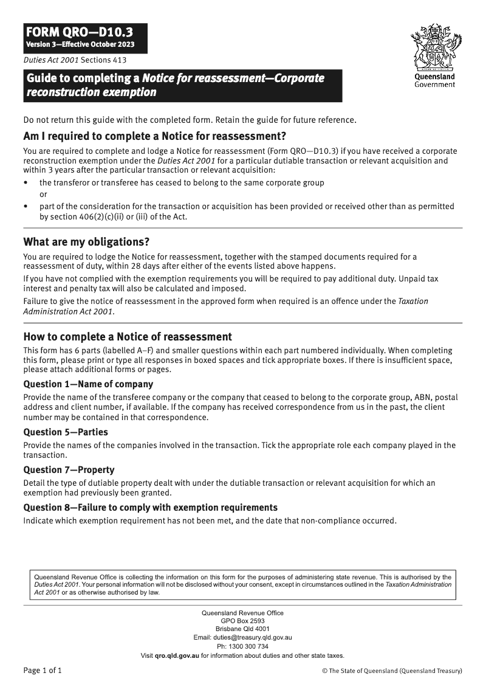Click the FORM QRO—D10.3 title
click(x=78, y=32)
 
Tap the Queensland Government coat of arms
click(x=434, y=47)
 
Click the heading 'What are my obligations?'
click(x=86, y=241)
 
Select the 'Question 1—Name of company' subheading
click(x=88, y=384)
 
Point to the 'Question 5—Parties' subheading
click(x=66, y=432)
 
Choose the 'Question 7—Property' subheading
click(x=69, y=470)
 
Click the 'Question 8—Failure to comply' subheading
click(x=150, y=508)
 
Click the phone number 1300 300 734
click(x=248, y=646)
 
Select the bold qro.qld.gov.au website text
click(x=177, y=655)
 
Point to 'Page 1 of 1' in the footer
click(x=43, y=671)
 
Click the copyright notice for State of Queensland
click(x=392, y=671)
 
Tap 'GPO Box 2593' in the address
click(x=243, y=621)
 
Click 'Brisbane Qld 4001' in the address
click(x=243, y=629)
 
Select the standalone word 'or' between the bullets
click(x=43, y=195)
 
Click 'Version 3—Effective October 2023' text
click(x=80, y=46)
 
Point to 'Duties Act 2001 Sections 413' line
click(x=75, y=60)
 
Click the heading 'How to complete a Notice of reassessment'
click(x=128, y=337)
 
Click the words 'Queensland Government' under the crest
click(x=434, y=81)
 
